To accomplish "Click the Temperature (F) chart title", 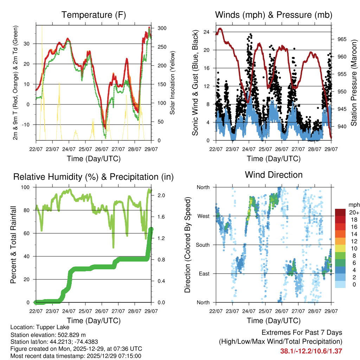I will tap(94, 15).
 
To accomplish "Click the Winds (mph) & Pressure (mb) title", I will tap(274, 15).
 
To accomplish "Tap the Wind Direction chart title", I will tap(274, 175).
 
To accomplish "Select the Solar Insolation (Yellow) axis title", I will tap(172, 83).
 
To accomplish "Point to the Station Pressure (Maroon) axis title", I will tap(354, 83).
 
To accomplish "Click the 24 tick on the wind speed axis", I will tap(207, 32).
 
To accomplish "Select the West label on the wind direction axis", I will tap(203, 216).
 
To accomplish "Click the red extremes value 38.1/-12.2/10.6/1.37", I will tap(311, 351).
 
